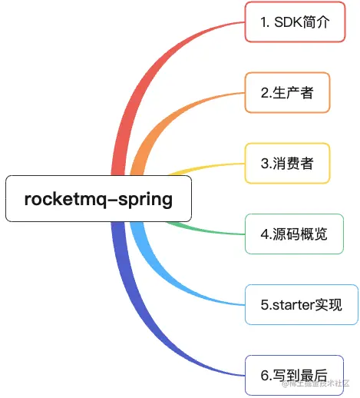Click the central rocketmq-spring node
pos(98,199)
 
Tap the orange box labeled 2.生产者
pos(288,93)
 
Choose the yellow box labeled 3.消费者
pos(287,163)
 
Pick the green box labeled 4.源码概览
pos(294,234)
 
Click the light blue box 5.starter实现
pos(302,305)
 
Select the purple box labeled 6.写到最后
pos(294,375)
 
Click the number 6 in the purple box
pos(264,375)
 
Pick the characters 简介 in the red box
pos(317,22)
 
